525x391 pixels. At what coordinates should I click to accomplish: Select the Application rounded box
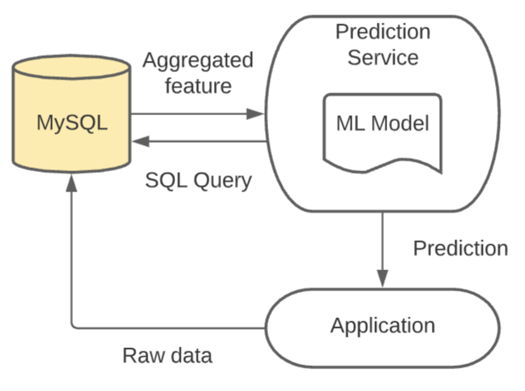[x=382, y=326]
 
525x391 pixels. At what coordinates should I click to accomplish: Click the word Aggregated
[x=198, y=60]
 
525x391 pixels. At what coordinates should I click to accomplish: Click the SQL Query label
[x=198, y=180]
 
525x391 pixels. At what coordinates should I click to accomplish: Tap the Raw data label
[x=167, y=355]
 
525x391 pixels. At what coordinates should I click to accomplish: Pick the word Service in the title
[x=382, y=58]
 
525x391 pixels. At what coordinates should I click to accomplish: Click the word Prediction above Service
[x=382, y=32]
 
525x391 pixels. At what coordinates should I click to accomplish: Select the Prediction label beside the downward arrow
[x=461, y=248]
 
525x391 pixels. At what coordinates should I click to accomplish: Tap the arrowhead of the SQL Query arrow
[x=139, y=141]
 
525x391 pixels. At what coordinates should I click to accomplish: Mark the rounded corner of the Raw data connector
[x=75, y=325]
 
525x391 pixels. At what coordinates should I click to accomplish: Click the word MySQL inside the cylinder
[x=72, y=122]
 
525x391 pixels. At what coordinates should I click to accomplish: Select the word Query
[x=223, y=180]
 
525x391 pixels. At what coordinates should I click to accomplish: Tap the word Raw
[x=140, y=355]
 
